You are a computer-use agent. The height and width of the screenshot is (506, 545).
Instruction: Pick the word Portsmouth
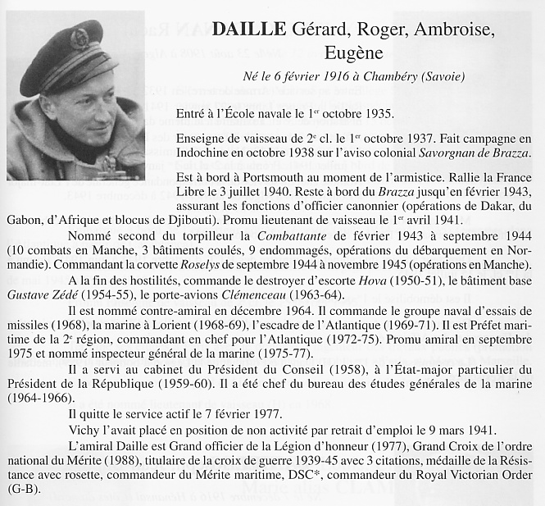[x=267, y=177]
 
